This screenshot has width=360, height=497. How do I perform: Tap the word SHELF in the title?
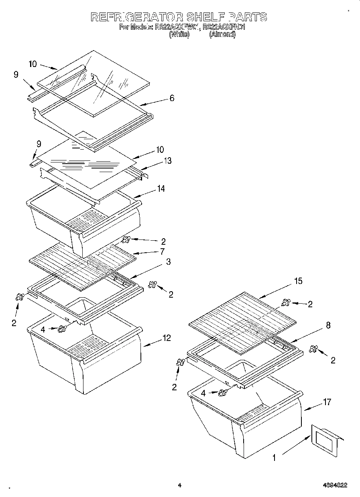[205, 17]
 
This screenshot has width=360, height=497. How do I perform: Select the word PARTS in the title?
[248, 17]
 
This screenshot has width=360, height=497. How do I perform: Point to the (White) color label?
[179, 34]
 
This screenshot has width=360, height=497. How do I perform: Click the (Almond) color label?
[222, 34]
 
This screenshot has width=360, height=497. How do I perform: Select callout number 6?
[171, 98]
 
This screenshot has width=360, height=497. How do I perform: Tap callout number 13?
[168, 161]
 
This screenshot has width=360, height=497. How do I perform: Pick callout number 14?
[161, 188]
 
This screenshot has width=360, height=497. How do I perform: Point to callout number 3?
[169, 262]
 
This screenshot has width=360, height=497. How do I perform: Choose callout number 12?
[167, 338]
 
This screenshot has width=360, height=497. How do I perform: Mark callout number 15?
[298, 281]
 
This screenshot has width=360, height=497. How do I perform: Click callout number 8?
[328, 326]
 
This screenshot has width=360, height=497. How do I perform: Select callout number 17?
[327, 402]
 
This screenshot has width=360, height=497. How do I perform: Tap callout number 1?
[274, 457]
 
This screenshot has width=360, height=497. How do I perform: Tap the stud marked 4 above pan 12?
[62, 329]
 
